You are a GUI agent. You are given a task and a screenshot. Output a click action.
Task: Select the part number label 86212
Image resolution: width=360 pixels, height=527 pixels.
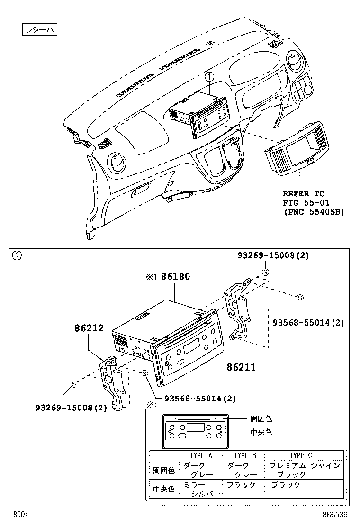point(89,327)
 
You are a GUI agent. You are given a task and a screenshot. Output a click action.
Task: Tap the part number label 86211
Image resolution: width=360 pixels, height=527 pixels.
point(241,367)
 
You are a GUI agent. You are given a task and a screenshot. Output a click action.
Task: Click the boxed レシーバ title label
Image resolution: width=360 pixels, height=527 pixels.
point(40,30)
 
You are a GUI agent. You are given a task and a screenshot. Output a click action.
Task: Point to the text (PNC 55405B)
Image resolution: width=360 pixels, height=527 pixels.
point(314,212)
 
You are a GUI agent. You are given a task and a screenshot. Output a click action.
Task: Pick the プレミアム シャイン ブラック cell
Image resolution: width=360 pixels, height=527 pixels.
point(304,470)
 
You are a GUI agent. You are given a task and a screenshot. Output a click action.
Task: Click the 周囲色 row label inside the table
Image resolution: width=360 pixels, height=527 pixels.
point(163,471)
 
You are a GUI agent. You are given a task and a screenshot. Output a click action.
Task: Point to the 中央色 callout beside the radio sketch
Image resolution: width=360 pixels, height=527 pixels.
point(261,432)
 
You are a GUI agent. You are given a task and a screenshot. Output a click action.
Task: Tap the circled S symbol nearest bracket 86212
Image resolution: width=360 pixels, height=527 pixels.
point(73,384)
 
